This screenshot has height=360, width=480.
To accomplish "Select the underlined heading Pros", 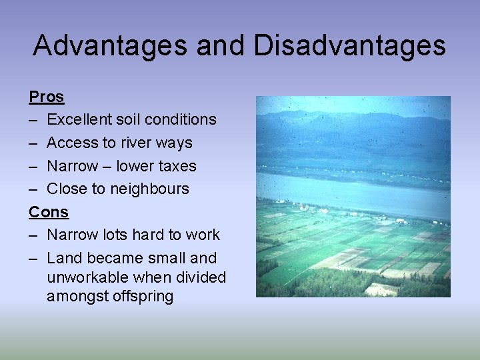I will click(x=47, y=97).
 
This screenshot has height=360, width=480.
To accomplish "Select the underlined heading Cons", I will click(x=49, y=212).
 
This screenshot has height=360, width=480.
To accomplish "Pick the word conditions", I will click(x=183, y=120).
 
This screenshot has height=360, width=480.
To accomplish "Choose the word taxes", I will click(x=174, y=166).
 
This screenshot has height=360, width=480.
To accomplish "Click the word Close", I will click(x=67, y=189).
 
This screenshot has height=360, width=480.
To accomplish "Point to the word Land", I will click(x=64, y=258).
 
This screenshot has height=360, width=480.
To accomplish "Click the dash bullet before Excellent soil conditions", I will click(x=33, y=120).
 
